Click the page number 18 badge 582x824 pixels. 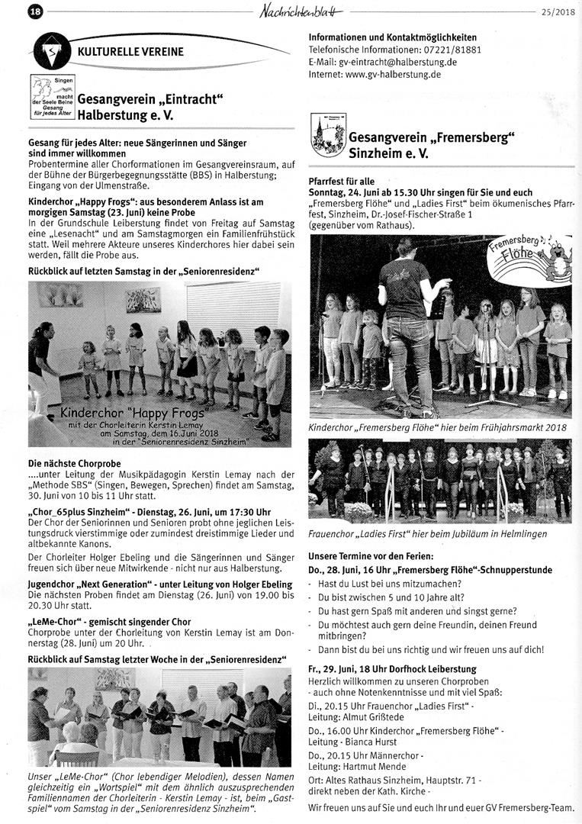(35, 11)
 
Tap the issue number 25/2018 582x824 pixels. (558, 12)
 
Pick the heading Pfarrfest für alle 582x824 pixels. (342, 182)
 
